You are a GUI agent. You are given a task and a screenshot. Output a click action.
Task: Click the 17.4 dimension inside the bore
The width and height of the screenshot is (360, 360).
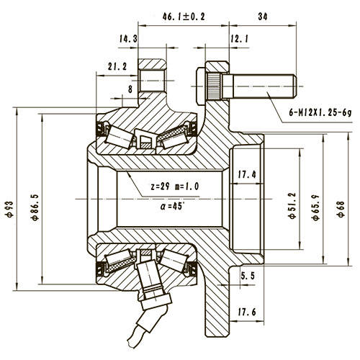(246, 174)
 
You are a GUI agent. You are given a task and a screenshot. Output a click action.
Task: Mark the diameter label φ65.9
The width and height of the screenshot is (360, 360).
(315, 203)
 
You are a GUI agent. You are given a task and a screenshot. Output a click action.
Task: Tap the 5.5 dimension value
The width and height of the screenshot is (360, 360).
(247, 276)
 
